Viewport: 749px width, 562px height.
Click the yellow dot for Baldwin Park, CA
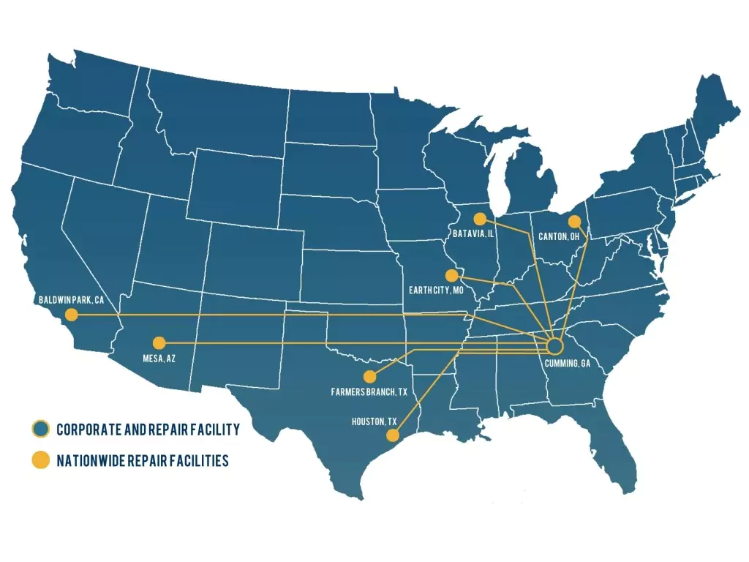tap(71, 315)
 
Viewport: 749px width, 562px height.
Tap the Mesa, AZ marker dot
tap(159, 342)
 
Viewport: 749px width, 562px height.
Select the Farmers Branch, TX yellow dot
tap(369, 376)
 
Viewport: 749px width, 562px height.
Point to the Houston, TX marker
tap(392, 435)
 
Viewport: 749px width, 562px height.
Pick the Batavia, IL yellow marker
tap(479, 219)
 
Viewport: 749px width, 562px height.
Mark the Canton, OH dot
tap(574, 221)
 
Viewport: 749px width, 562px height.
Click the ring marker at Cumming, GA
tap(554, 345)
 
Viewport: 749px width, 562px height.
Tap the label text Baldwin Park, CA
tap(70, 299)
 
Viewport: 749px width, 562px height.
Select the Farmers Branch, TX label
tap(369, 392)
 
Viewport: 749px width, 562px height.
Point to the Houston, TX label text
tap(374, 422)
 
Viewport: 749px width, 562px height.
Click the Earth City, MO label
tap(437, 291)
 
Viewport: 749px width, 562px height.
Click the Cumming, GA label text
tap(567, 364)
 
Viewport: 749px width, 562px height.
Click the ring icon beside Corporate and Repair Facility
tap(40, 430)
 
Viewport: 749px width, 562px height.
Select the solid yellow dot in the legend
tap(40, 460)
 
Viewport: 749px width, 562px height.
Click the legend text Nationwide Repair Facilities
tap(143, 461)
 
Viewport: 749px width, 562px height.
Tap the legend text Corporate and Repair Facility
tap(148, 430)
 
